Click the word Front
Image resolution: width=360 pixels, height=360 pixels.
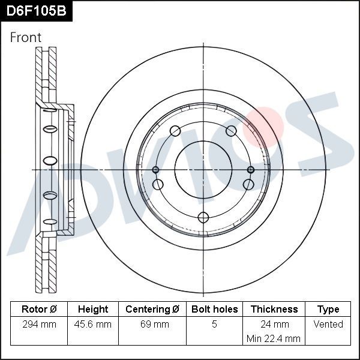click(x=26, y=37)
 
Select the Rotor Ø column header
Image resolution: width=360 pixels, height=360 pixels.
click(x=39, y=310)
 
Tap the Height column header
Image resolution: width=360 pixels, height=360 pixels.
click(x=93, y=310)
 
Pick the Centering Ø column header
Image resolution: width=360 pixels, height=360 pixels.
click(x=152, y=310)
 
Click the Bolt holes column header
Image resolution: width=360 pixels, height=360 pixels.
click(x=214, y=310)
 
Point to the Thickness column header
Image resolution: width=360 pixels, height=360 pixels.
click(x=274, y=310)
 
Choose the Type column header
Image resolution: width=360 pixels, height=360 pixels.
click(x=328, y=310)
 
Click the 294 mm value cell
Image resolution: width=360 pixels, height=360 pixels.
click(x=39, y=325)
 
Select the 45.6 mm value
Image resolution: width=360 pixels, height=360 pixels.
click(x=93, y=325)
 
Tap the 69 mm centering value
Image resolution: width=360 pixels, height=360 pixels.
click(x=152, y=325)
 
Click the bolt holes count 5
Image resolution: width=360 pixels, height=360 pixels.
click(x=214, y=325)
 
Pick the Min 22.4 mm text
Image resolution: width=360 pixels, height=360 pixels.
click(x=274, y=339)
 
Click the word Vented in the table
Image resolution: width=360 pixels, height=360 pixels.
click(x=328, y=325)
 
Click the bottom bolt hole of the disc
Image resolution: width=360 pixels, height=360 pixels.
click(x=203, y=217)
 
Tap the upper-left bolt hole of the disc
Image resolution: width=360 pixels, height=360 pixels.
click(x=175, y=131)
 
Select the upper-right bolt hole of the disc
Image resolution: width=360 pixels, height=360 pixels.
click(x=231, y=131)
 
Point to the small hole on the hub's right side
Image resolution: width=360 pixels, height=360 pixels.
click(x=251, y=170)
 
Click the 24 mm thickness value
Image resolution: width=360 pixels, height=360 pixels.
click(x=274, y=325)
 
